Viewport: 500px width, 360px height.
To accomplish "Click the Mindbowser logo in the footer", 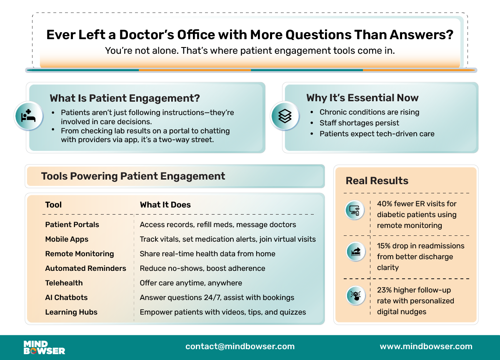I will (44, 347).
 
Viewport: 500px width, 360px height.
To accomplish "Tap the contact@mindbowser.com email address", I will (240, 346).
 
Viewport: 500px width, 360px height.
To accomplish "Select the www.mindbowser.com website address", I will (426, 346).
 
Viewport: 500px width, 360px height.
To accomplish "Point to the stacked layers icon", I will (285, 116).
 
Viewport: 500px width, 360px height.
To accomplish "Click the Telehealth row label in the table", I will (64, 283).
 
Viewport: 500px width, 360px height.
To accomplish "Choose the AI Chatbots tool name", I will (66, 297).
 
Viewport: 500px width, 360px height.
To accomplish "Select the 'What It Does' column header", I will (165, 205).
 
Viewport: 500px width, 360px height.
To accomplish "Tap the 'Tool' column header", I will (53, 205).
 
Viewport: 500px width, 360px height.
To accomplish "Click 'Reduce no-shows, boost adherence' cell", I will (202, 268).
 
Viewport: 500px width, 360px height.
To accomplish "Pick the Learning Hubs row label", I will (71, 312).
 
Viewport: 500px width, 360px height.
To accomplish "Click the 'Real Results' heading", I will (377, 181).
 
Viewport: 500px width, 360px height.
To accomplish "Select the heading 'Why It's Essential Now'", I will (362, 98).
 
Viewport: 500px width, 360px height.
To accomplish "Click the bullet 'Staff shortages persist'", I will (359, 123).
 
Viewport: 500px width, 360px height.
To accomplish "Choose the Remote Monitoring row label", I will (80, 254).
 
